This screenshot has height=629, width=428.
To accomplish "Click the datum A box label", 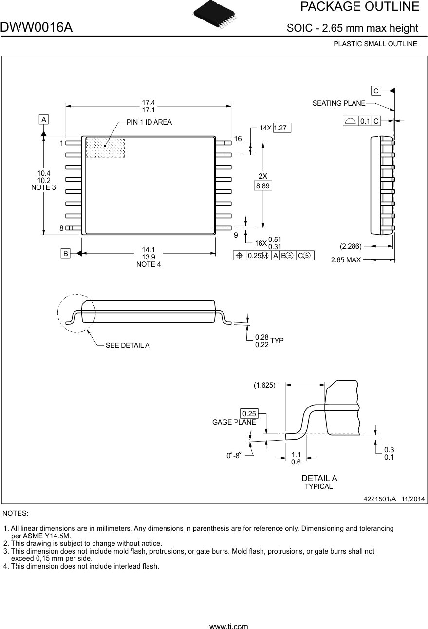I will click(x=44, y=119).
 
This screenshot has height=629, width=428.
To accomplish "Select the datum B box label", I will click(x=65, y=253).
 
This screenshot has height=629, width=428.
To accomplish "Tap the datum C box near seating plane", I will click(x=376, y=91).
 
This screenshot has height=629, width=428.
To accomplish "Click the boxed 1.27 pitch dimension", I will click(x=282, y=128).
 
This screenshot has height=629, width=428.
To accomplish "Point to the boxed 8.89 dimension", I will click(x=263, y=185).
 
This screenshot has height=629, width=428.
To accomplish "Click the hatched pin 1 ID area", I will click(x=105, y=148).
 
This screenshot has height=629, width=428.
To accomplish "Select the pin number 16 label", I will click(x=238, y=139).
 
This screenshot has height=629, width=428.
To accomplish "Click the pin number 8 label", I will click(x=61, y=228).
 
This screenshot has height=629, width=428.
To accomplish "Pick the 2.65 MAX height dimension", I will click(x=346, y=260).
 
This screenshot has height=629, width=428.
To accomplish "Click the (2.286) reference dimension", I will click(x=350, y=246).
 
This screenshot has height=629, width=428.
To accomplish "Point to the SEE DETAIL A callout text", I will click(x=128, y=346).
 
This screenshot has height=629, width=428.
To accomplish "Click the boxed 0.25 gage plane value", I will click(x=249, y=414).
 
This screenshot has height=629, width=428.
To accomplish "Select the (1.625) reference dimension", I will click(x=264, y=385).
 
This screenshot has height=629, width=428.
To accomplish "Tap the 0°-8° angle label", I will click(x=234, y=456).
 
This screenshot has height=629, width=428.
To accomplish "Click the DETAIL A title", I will click(x=319, y=478).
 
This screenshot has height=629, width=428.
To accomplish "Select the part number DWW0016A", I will click(x=37, y=28).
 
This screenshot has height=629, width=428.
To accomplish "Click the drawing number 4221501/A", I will click(x=380, y=499).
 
